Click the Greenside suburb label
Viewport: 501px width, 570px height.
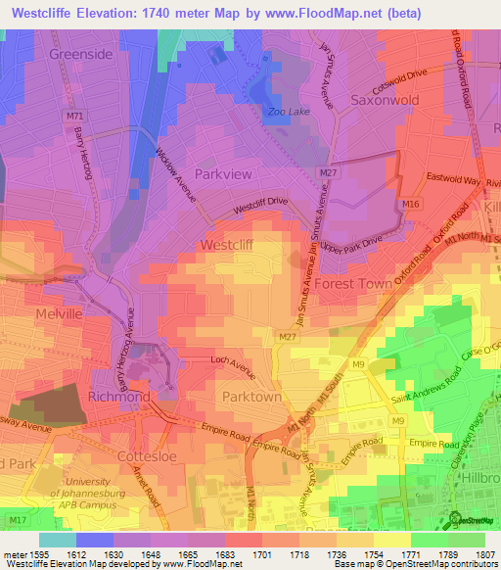point(80,55)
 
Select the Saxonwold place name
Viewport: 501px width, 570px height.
point(385,101)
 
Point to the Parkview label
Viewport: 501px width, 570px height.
point(223,173)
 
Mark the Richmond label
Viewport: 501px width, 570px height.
point(119,398)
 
